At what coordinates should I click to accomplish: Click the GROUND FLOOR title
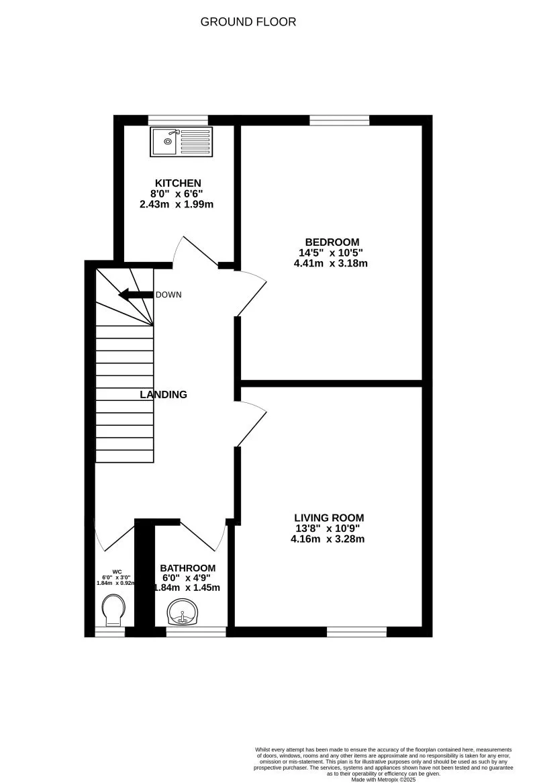click(248, 22)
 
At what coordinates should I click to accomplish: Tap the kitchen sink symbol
click(181, 142)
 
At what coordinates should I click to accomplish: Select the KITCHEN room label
click(178, 183)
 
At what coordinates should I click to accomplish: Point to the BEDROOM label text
click(332, 242)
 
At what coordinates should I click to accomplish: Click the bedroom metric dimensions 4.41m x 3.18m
click(331, 264)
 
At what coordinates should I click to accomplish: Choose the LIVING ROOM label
click(329, 518)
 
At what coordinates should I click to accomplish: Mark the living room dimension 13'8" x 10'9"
click(329, 528)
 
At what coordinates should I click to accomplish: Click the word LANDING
click(163, 395)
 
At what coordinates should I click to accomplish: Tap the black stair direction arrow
click(135, 295)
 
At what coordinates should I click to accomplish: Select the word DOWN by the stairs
click(168, 295)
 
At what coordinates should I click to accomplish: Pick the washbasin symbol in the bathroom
click(183, 612)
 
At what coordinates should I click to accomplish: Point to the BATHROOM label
click(188, 568)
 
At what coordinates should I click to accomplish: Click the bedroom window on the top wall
click(340, 120)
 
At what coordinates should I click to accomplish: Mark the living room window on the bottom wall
click(356, 632)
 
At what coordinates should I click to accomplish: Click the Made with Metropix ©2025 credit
click(383, 778)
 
